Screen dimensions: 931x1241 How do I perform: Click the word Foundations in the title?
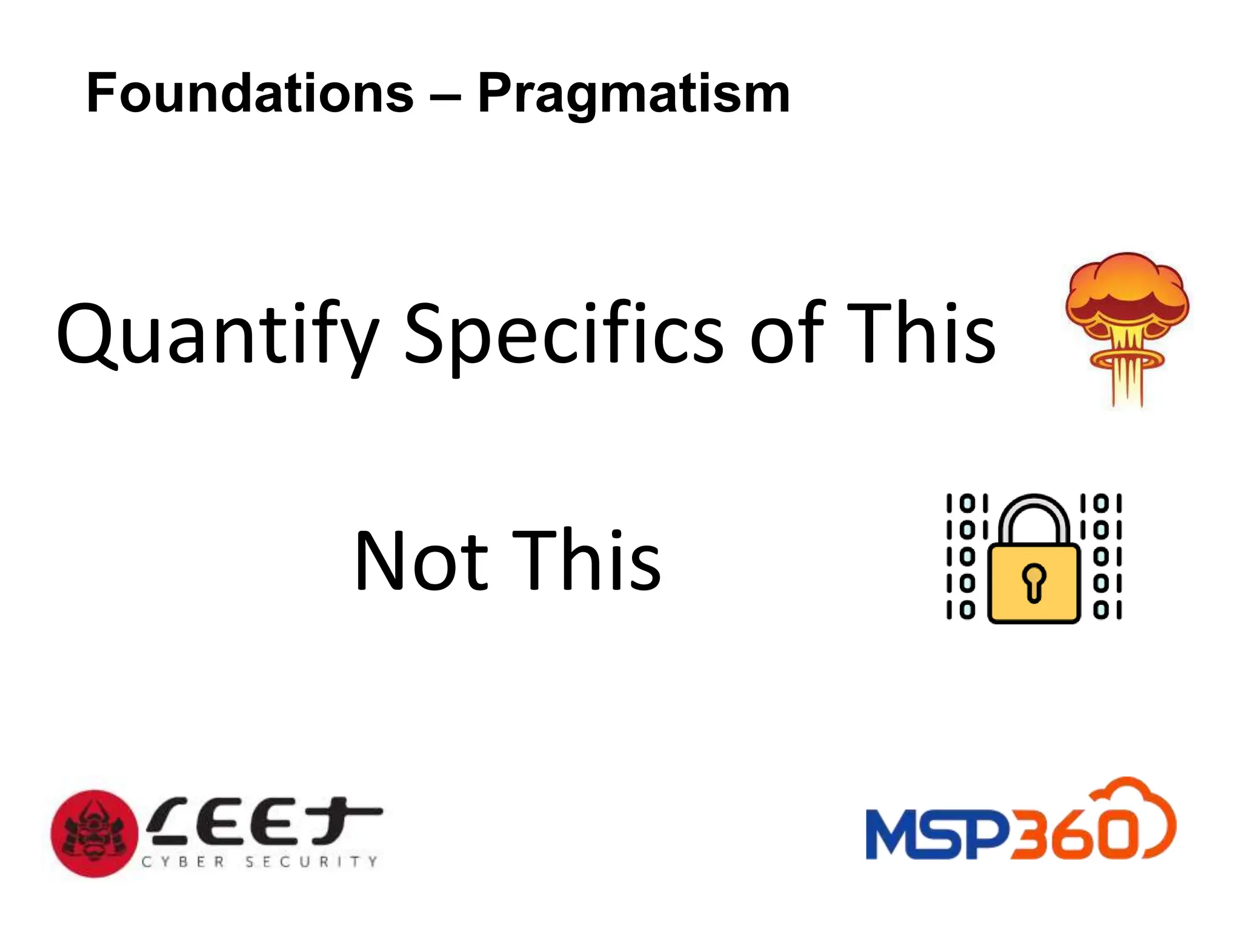point(250,93)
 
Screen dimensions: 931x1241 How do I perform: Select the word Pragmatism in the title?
point(634,95)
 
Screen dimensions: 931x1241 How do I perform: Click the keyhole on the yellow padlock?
point(1034,581)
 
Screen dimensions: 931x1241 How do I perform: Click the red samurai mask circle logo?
point(94,833)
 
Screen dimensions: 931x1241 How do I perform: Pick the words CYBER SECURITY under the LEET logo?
point(259,861)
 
